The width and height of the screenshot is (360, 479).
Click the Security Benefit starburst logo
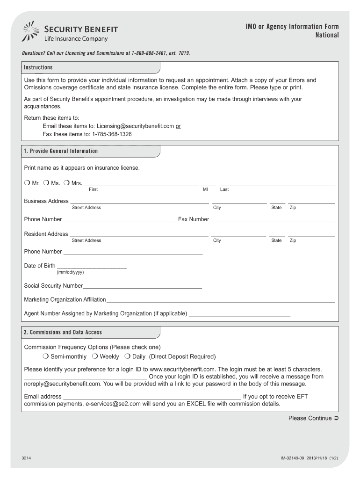pyautogui.click(x=32, y=32)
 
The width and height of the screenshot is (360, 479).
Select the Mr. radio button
pyautogui.click(x=27, y=183)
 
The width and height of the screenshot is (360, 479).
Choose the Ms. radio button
pyautogui.click(x=46, y=183)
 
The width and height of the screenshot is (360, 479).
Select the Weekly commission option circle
pyautogui.click(x=95, y=356)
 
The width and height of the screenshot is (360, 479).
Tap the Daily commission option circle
pyautogui.click(x=127, y=356)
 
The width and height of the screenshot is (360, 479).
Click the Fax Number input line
pyautogui.click(x=273, y=221)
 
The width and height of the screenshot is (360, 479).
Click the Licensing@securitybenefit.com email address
pyautogui.click(x=135, y=126)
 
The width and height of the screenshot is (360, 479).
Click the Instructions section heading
pyautogui.click(x=38, y=67)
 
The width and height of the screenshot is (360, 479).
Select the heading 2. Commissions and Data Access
pyautogui.click(x=63, y=332)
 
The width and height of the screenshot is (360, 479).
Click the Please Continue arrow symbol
pyautogui.click(x=336, y=418)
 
